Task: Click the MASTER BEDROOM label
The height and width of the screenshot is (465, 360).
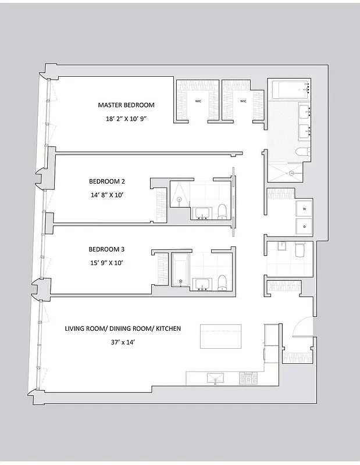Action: [x=126, y=105]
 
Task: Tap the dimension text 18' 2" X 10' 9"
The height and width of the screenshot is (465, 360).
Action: [x=126, y=119]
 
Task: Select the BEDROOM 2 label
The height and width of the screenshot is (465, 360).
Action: [x=107, y=181]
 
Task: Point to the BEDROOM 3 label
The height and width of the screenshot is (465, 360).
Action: [x=106, y=249]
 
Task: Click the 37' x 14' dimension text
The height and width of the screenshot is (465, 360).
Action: [x=122, y=342]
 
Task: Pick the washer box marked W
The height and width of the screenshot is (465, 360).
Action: [x=304, y=208]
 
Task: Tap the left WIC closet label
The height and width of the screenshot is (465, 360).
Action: [x=198, y=101]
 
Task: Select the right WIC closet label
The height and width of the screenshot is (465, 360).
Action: [x=244, y=101]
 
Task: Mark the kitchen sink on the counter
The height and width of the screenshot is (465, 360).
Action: [x=214, y=378]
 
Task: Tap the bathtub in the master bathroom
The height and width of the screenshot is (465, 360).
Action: [x=292, y=90]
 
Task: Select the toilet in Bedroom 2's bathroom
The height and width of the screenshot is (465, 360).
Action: [x=222, y=213]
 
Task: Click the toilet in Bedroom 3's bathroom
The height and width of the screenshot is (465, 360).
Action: [x=222, y=283]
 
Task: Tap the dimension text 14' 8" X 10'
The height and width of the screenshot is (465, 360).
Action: [x=107, y=195]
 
